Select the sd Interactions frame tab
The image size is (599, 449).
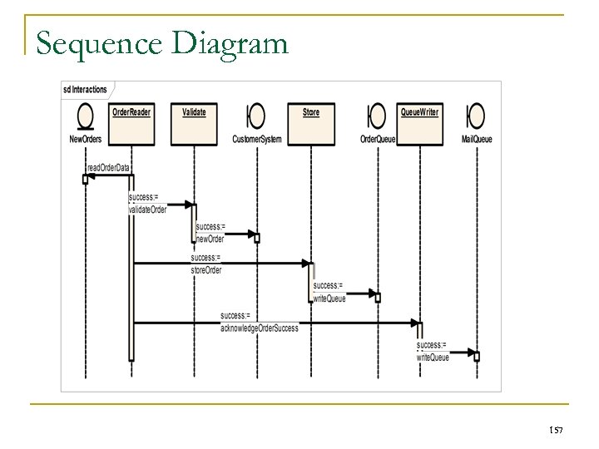[x=88, y=88]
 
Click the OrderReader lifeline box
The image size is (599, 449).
[x=131, y=112]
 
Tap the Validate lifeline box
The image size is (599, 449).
[x=194, y=112]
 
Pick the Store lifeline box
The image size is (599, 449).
[x=311, y=112]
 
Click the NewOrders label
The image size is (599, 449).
[x=85, y=139]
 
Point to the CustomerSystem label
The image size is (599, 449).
[x=256, y=139]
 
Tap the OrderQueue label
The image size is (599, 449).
[x=378, y=139]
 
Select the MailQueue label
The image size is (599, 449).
[x=477, y=139]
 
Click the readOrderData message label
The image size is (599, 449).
[x=108, y=167]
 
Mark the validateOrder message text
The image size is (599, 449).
[x=147, y=210]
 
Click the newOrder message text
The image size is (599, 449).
[x=210, y=239]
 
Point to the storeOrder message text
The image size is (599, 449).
[x=206, y=269]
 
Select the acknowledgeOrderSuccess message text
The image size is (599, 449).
[x=259, y=328]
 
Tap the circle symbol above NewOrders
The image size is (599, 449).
[x=85, y=116]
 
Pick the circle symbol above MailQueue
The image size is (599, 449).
[x=477, y=116]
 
